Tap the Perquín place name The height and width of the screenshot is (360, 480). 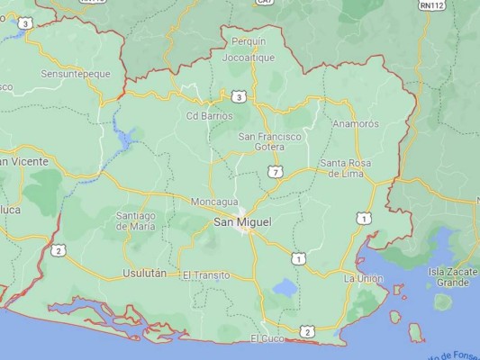click(x=249, y=41)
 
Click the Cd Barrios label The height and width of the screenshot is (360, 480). click(x=209, y=115)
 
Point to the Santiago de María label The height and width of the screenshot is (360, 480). click(x=136, y=220)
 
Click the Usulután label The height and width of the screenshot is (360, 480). click(x=144, y=273)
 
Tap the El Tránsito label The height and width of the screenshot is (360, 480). click(x=205, y=274)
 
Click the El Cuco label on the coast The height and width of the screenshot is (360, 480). click(x=267, y=338)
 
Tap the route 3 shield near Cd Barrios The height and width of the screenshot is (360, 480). click(x=237, y=96)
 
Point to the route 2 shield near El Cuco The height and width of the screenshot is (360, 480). click(x=307, y=333)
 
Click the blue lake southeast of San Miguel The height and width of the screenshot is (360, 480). click(x=285, y=289)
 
